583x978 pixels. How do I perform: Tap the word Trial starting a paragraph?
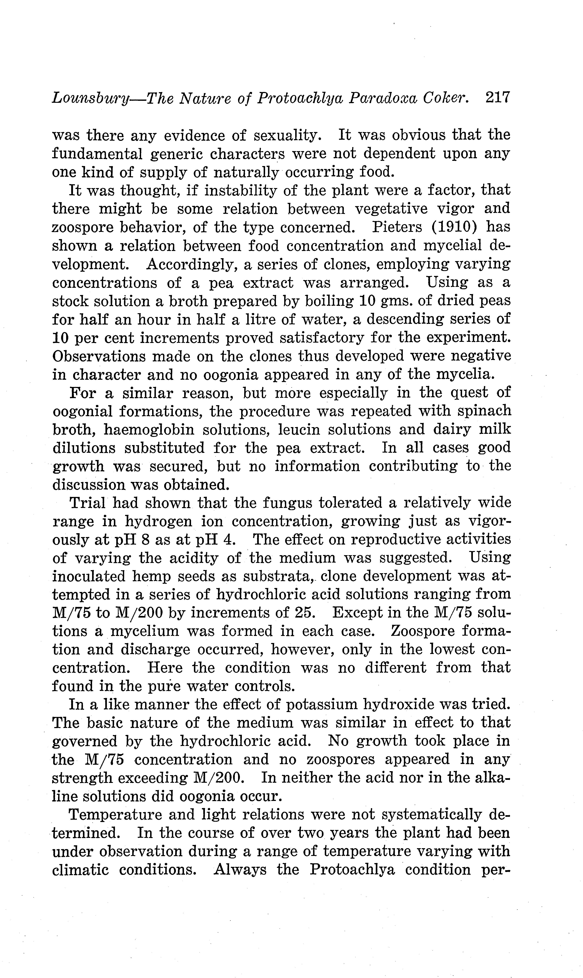[87, 503]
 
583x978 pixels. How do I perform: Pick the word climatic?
[81, 870]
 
